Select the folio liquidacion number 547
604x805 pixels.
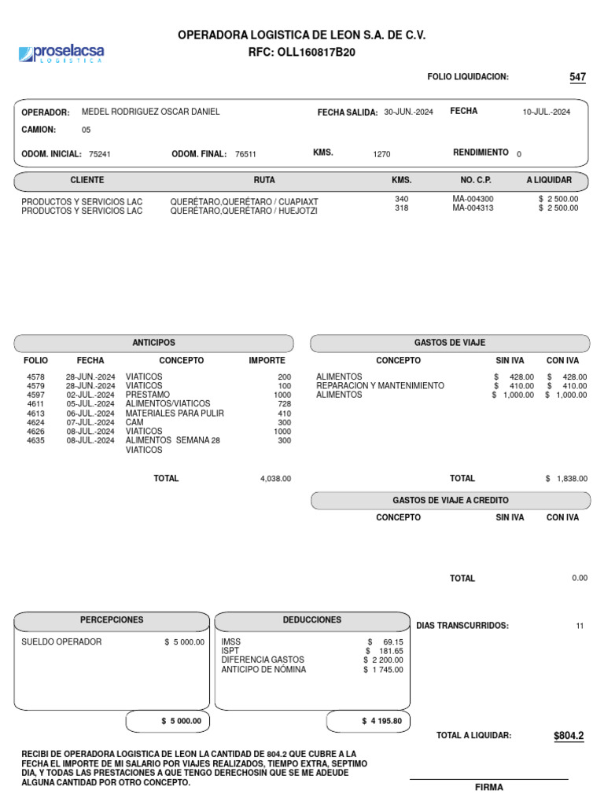(577, 77)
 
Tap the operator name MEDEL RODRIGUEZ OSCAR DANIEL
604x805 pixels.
(151, 112)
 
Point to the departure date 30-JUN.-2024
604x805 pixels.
(408, 112)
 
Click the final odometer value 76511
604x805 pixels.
(245, 155)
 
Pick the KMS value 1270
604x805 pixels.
(381, 155)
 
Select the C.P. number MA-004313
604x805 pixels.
(473, 208)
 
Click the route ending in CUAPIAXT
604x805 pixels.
(245, 200)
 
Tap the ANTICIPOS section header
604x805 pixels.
(154, 344)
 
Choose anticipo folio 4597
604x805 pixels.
(35, 395)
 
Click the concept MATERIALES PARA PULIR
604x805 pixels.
(175, 414)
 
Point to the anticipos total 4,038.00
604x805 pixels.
(275, 479)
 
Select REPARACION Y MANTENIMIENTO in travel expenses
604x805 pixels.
(380, 386)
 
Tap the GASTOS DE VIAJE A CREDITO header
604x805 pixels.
(450, 501)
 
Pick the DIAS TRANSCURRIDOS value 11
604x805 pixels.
(580, 626)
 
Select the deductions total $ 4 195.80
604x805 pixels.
(381, 721)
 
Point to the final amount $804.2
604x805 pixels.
(569, 736)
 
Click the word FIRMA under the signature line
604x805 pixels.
(488, 787)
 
